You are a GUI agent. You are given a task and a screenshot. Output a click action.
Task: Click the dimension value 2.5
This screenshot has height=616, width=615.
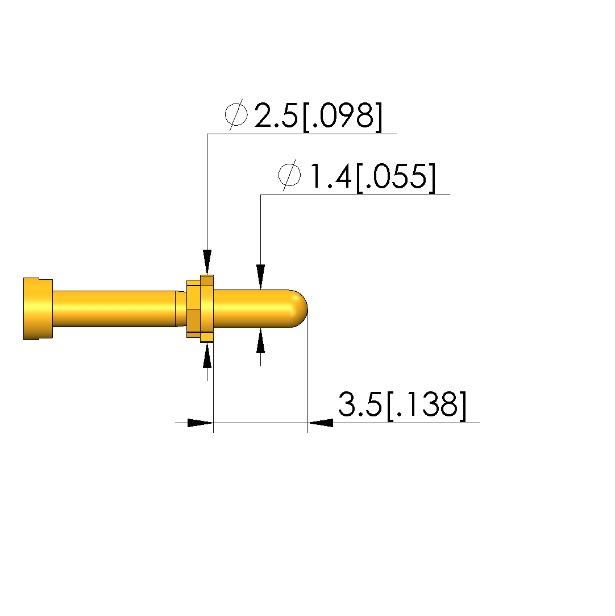tap(276, 115)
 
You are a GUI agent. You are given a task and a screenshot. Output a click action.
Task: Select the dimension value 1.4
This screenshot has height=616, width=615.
tap(330, 176)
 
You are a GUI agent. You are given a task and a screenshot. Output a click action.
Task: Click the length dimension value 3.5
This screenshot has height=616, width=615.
tap(360, 404)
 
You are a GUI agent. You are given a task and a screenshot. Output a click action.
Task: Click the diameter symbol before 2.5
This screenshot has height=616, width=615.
tap(236, 114)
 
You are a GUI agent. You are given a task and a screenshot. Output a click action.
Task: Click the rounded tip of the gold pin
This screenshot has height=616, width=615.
tap(299, 308)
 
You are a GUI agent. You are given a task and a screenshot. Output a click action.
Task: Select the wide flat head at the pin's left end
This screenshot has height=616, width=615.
tap(38, 309)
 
